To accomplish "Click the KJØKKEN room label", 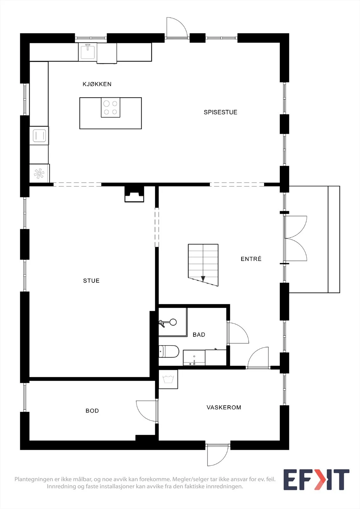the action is (97, 84).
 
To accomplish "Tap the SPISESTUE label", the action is (220, 112).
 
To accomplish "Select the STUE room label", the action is (91, 281).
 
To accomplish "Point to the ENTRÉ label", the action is (251, 259).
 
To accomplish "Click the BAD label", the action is (199, 334).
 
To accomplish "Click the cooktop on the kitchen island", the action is (110, 108).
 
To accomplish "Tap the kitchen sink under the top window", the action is (88, 52).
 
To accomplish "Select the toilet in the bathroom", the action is (168, 352).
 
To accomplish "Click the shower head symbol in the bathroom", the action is (168, 323).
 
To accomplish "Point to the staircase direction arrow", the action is (203, 279).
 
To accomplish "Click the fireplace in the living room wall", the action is (134, 194).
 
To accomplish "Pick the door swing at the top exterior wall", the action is (177, 27).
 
